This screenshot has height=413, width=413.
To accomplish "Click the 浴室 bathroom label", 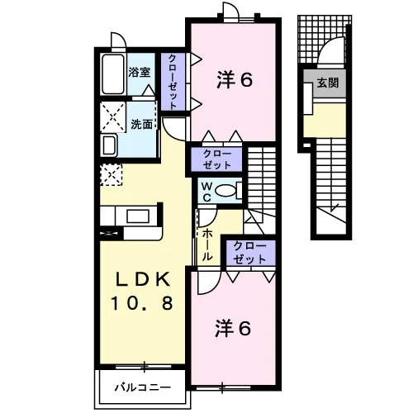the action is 140,72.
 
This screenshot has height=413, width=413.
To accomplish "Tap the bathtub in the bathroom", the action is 113,74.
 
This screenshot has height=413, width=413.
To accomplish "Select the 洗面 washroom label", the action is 141,125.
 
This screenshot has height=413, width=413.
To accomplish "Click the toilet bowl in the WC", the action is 225,191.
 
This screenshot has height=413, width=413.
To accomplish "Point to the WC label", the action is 207,192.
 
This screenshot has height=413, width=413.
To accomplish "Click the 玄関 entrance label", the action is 328,83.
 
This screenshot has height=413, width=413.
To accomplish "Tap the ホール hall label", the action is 207,245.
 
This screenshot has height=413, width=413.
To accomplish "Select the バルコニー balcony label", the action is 143,387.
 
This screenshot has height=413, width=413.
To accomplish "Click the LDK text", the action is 142,280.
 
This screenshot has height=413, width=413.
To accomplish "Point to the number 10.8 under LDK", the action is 142,303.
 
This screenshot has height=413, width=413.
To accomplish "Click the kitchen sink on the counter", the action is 138,216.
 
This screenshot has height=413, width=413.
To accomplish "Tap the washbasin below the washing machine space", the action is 110,145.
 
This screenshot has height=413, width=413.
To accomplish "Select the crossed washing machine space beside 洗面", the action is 113,116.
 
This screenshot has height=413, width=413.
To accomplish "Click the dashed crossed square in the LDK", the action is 111,174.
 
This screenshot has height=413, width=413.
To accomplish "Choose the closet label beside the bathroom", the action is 173,82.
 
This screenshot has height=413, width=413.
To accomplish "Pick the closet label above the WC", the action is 216,159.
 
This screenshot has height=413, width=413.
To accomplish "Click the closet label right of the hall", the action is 249,253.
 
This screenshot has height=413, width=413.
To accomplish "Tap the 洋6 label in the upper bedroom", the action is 235,80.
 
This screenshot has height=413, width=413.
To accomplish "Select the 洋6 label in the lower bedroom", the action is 233,328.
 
